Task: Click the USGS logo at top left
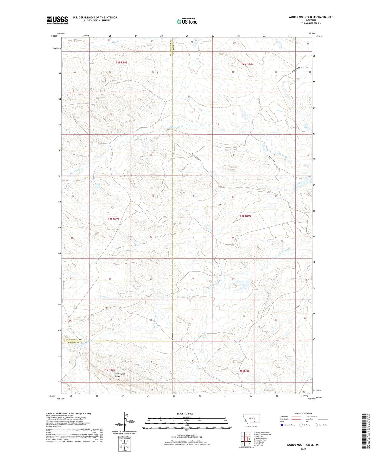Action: (x=57, y=20)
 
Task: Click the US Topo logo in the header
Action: (x=187, y=21)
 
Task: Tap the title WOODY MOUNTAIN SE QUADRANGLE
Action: (x=311, y=17)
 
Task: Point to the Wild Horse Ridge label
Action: (x=120, y=375)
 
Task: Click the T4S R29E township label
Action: (x=109, y=369)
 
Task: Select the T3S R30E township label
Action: (x=245, y=216)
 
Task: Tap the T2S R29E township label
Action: (x=122, y=62)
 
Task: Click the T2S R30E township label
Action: (x=247, y=64)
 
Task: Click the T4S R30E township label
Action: (x=244, y=371)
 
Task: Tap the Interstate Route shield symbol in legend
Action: (x=282, y=425)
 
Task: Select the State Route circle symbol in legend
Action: (x=316, y=425)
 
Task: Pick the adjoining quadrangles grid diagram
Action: (x=246, y=439)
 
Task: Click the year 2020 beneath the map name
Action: (x=303, y=449)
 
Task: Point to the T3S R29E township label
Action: (x=113, y=219)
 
